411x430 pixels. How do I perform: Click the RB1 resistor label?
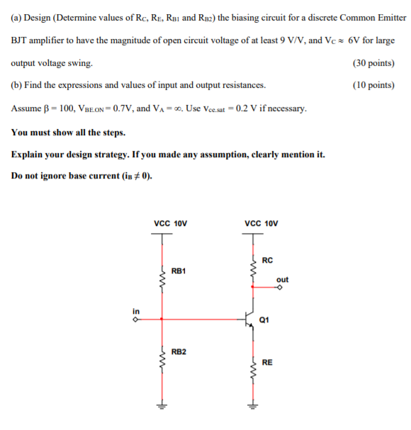click(179, 271)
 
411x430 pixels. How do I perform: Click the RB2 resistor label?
click(179, 351)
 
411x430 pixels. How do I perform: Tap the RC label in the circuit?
click(267, 260)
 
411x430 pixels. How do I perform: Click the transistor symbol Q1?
click(249, 319)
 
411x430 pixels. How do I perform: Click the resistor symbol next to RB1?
click(162, 281)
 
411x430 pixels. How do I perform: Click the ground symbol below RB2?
click(162, 407)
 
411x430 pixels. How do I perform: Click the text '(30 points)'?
click(373, 63)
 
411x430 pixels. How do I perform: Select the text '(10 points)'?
click(373, 86)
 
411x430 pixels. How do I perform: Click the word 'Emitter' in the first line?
click(388, 18)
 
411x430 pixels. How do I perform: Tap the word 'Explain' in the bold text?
click(30, 154)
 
